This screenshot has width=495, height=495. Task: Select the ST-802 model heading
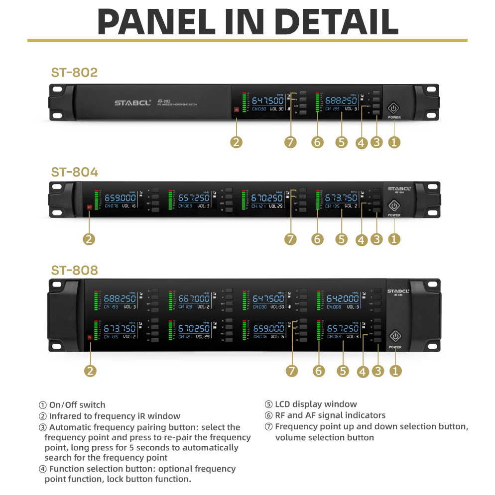tap(74, 73)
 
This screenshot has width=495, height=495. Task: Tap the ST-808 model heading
tap(74, 270)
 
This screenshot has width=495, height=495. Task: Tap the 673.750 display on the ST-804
tap(341, 198)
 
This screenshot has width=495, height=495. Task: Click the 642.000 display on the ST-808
tap(343, 298)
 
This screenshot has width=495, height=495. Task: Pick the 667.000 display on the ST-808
tap(194, 298)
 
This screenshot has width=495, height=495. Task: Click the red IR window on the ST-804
tap(90, 207)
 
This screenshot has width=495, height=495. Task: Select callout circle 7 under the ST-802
tap(290, 142)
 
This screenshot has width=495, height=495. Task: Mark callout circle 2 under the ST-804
tap(89, 239)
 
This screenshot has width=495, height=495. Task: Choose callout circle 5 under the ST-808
tap(343, 371)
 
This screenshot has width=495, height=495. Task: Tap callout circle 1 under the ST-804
tap(394, 239)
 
